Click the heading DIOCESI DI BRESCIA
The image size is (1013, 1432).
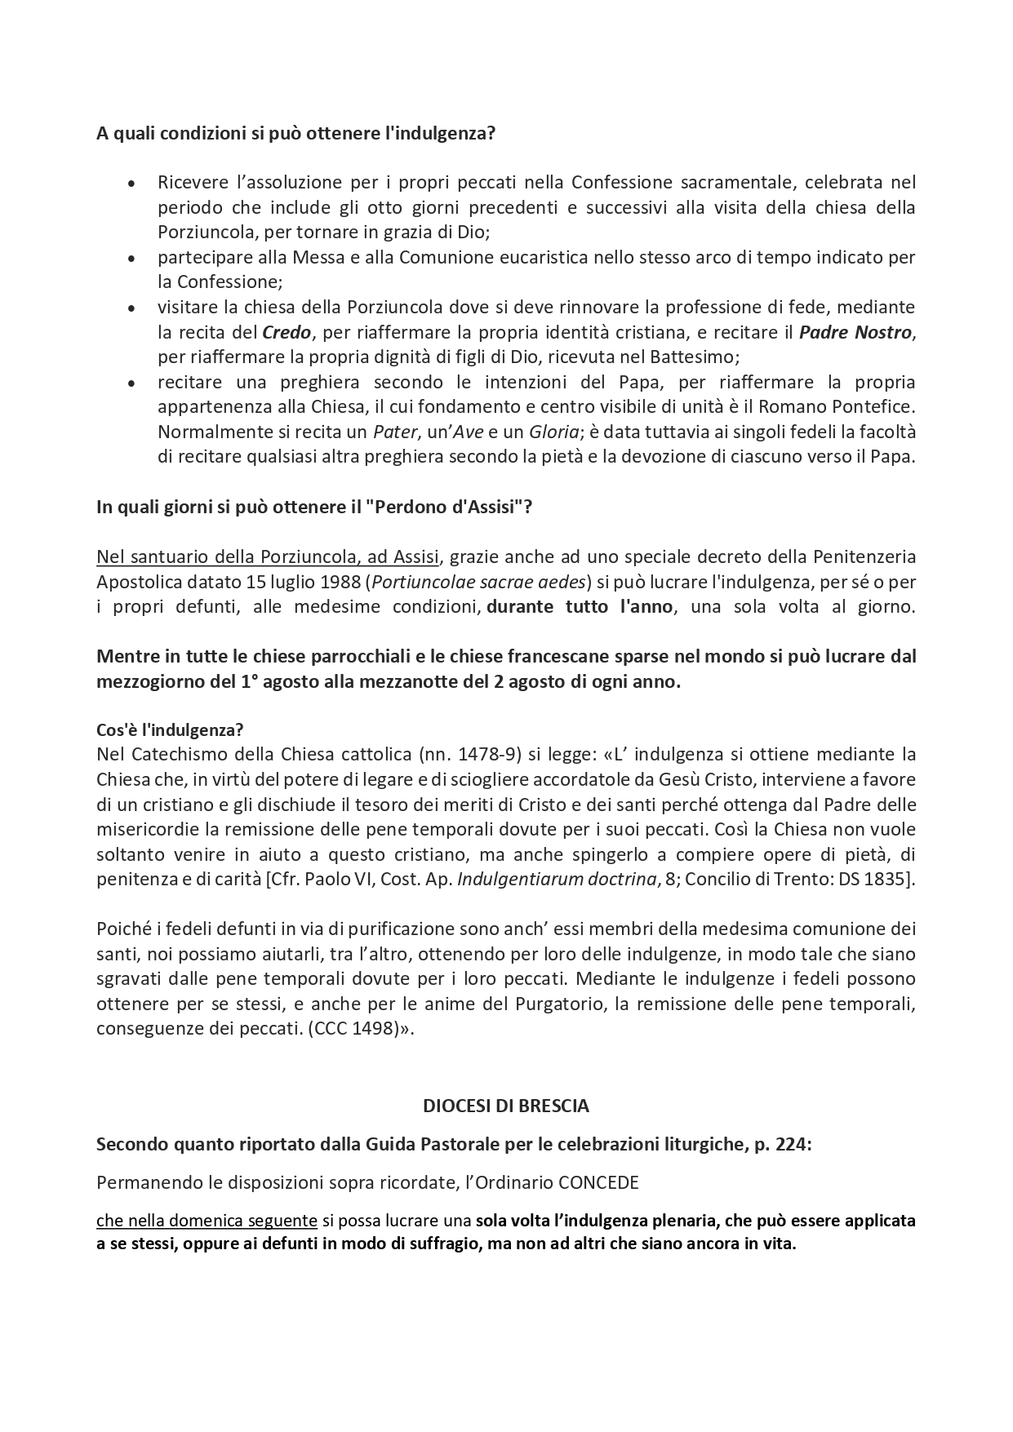506,1106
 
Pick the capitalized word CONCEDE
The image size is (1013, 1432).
598,1183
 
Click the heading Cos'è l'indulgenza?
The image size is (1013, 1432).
170,729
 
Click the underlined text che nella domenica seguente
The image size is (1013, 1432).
207,1221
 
